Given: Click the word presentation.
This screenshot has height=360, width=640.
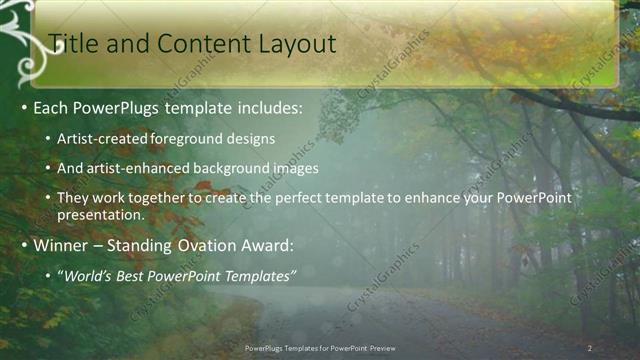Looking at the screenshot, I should pos(100,214).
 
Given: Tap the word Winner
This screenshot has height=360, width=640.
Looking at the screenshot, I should pos(62,246).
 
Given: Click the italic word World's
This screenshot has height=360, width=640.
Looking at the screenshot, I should pos(86,276).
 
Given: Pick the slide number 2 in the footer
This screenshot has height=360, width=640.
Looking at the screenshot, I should pos(590,348).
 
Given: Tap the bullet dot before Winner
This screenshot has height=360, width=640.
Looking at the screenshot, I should pos(23,246).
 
